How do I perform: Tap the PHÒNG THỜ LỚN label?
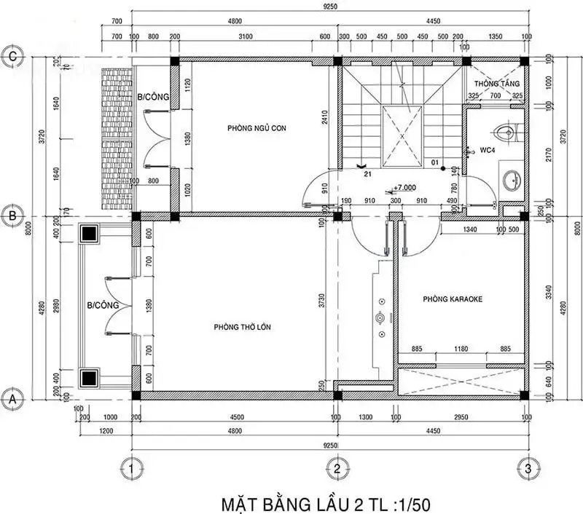click(242, 327)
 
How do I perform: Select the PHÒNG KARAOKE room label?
click(453, 298)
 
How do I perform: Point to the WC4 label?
click(486, 150)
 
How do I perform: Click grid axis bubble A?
click(12, 398)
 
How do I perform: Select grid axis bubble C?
click(12, 55)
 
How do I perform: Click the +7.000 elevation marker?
click(404, 187)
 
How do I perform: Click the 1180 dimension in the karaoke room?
click(461, 349)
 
